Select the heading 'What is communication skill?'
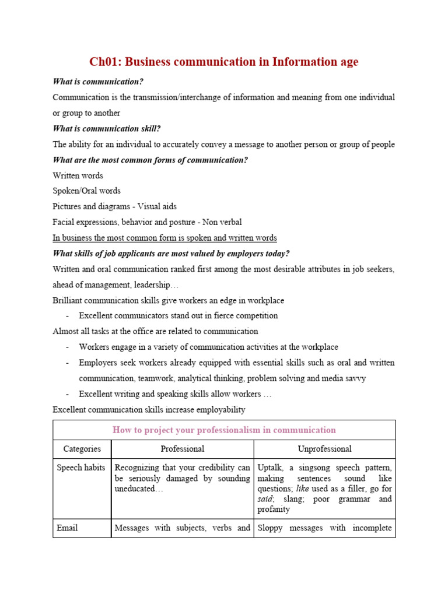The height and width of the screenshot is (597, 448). tap(106, 129)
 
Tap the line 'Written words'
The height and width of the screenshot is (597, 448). tap(78, 175)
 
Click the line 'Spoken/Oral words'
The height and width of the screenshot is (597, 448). tap(86, 191)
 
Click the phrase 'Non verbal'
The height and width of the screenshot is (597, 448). tap(222, 222)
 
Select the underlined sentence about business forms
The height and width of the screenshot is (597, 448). tap(164, 238)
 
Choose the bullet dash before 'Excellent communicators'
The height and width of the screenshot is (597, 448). tap(68, 316)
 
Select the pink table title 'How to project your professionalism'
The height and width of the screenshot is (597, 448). tap(224, 430)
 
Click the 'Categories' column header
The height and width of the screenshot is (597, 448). tap(82, 449)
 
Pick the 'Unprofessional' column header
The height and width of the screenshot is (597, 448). tap(324, 449)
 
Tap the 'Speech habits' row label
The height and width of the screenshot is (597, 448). tap(81, 468)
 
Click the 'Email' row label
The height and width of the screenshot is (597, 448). tap(67, 528)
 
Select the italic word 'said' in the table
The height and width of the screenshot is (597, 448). tap(265, 499)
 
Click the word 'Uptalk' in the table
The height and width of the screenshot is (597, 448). tap(270, 468)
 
